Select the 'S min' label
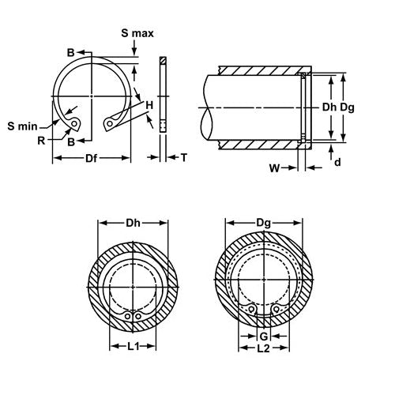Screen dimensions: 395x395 (23, 126)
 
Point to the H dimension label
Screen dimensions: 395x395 (148, 104)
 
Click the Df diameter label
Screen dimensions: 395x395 (92, 159)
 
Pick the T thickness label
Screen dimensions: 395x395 (183, 158)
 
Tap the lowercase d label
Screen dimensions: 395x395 (338, 163)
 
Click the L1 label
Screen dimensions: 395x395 (133, 346)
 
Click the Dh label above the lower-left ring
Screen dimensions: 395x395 (133, 224)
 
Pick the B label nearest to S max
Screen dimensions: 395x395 (70, 52)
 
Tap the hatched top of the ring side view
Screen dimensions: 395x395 (163, 62)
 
